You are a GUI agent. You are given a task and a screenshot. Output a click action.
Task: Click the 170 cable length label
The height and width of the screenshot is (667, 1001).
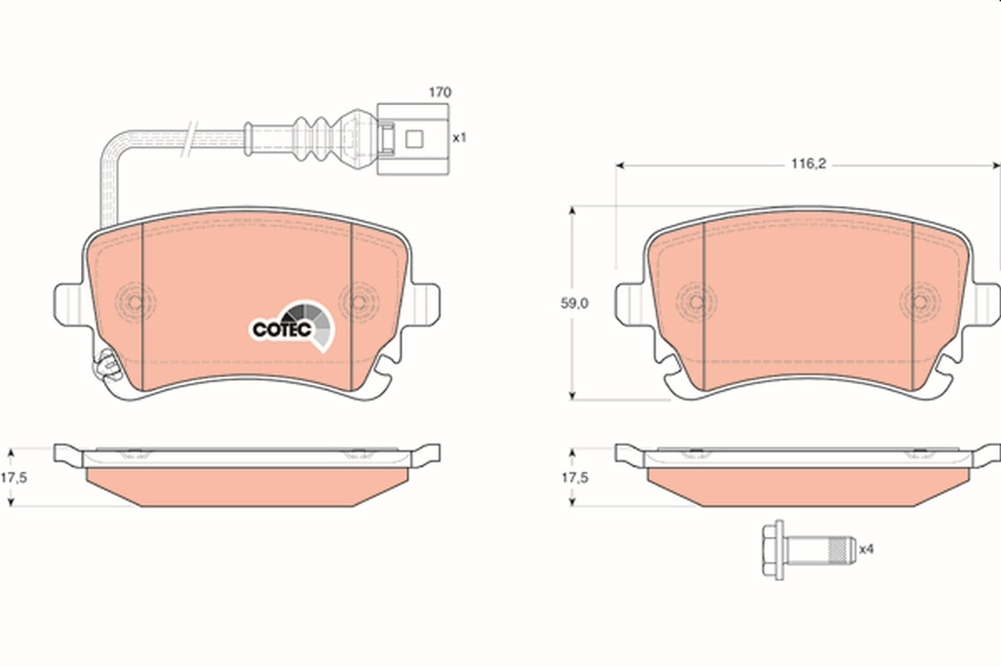(x=440, y=93)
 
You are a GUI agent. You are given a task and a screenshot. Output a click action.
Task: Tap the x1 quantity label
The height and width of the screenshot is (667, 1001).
(x=460, y=138)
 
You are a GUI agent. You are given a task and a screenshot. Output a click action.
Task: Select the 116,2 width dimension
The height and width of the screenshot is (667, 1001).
(x=809, y=164)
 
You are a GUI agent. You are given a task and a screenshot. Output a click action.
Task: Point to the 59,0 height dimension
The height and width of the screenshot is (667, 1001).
(x=575, y=303)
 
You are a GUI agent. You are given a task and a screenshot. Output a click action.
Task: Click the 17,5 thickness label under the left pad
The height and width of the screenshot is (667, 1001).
(x=13, y=478)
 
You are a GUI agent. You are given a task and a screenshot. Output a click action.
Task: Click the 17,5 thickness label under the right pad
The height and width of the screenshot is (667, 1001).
(x=575, y=478)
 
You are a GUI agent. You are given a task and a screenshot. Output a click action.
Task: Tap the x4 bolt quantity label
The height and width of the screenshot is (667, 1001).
(x=867, y=549)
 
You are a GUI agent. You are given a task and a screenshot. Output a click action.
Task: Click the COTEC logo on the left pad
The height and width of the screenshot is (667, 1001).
(x=292, y=326)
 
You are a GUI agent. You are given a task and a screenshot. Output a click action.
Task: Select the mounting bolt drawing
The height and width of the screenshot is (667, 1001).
(x=809, y=549)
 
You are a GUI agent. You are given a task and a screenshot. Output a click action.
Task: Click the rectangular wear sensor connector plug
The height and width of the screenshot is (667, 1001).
(x=413, y=139)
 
